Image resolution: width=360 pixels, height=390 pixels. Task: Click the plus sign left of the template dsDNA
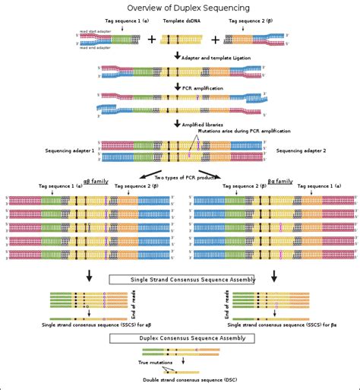click(x=151, y=40)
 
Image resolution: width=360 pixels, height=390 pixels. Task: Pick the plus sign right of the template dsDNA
click(x=215, y=40)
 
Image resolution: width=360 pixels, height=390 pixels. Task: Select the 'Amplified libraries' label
click(x=204, y=123)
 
